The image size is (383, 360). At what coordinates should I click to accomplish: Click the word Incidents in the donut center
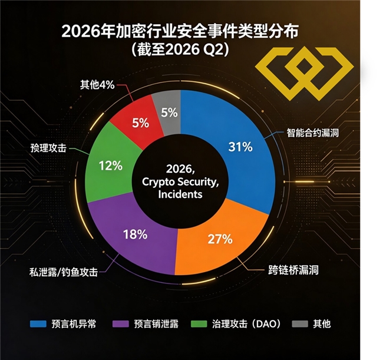pyautogui.click(x=180, y=194)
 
